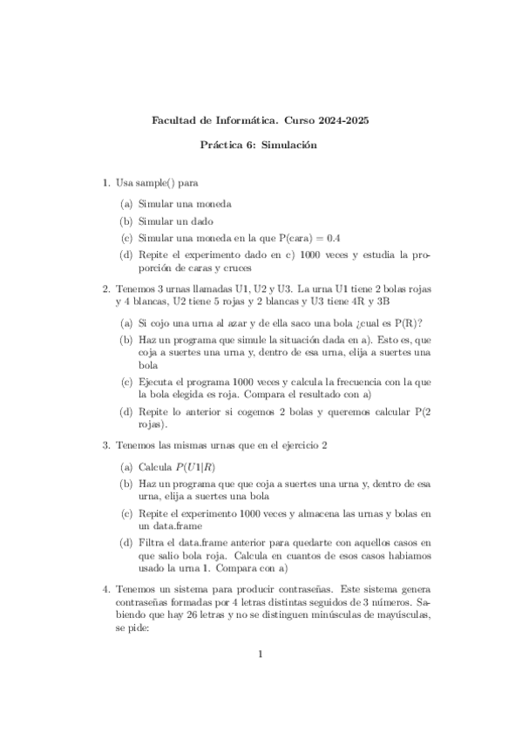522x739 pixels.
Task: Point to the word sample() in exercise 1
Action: point(156,183)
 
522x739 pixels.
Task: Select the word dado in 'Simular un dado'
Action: point(201,220)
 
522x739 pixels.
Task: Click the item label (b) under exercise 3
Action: point(127,483)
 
